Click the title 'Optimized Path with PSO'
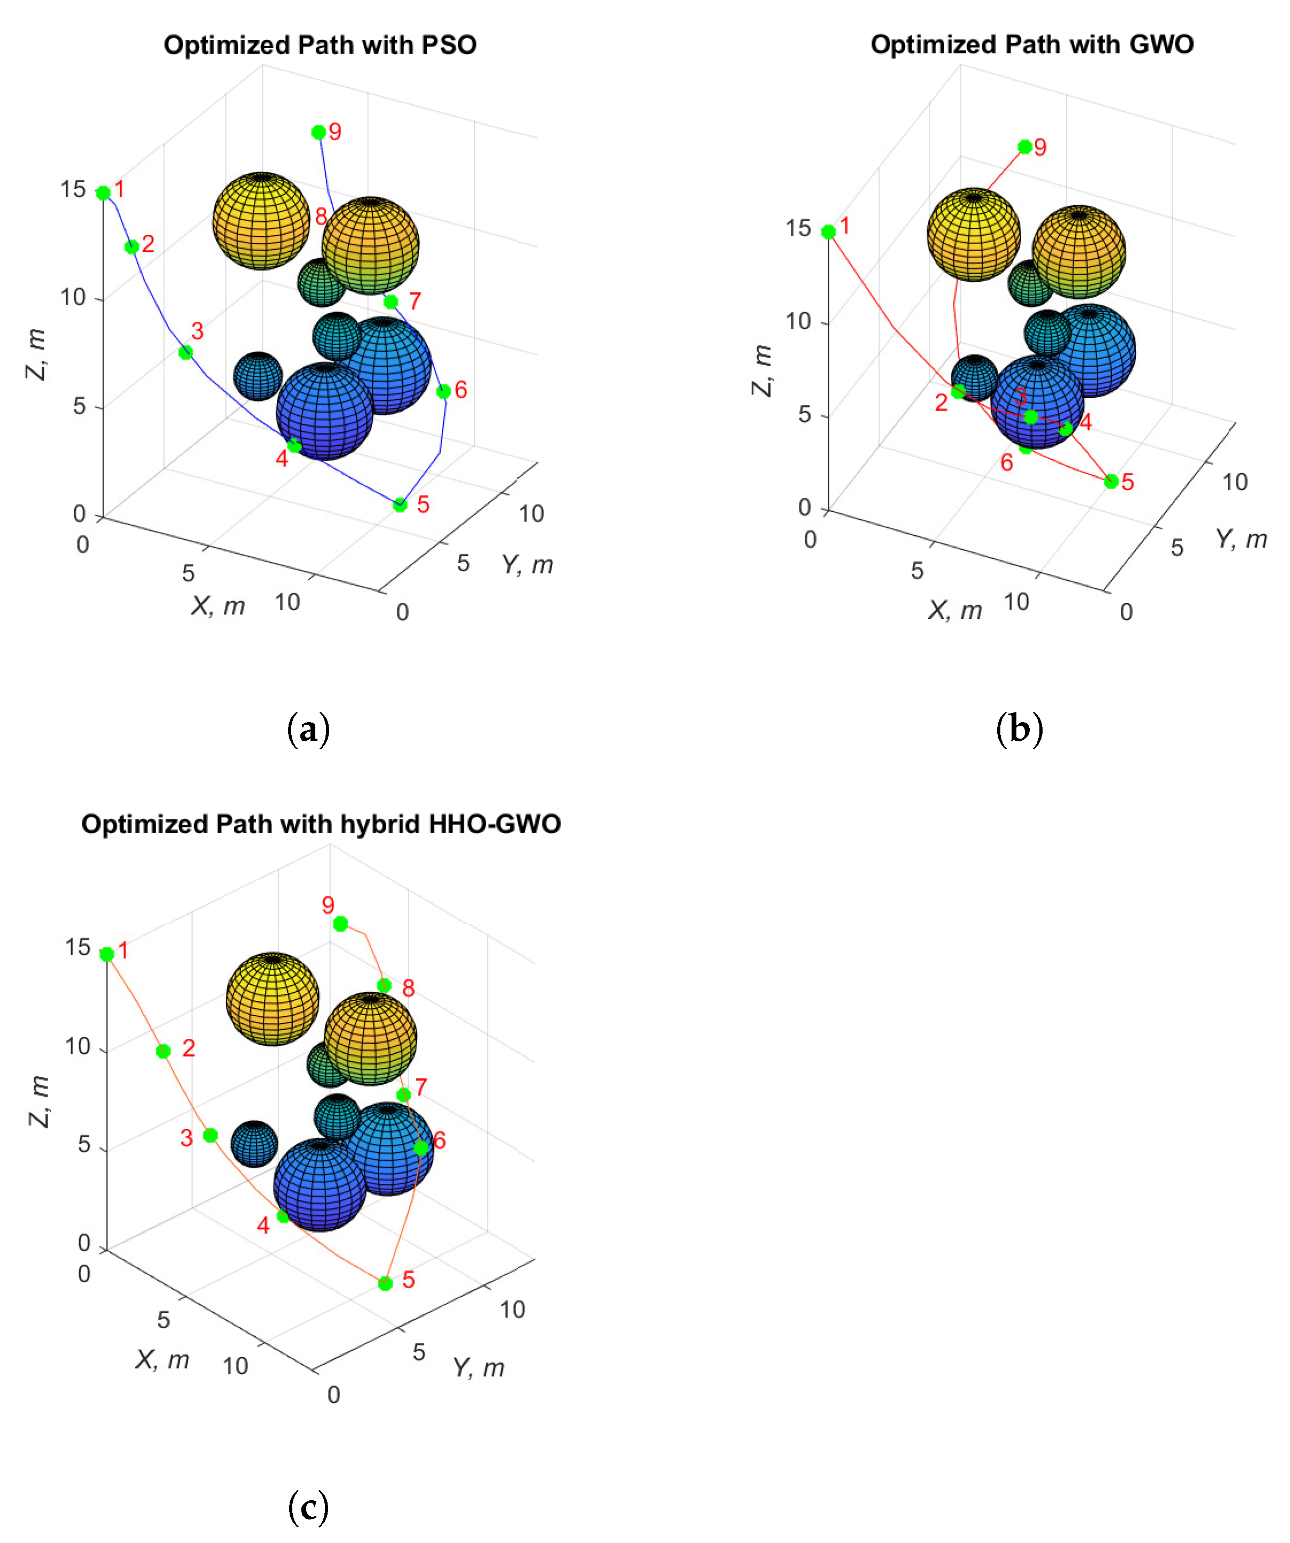[320, 45]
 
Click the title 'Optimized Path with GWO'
[1031, 45]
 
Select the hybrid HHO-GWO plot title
[321, 824]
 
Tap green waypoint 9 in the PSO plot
[318, 132]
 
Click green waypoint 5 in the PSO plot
[400, 505]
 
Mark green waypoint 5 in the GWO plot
[1111, 481]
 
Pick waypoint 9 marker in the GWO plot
[1025, 147]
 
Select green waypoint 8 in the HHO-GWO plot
[384, 986]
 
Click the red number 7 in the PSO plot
[415, 300]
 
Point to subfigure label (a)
[308, 730]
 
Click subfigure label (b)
[1019, 730]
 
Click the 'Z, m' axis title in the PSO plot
[35, 355]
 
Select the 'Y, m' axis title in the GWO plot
[1241, 539]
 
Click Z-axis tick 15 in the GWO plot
[798, 229]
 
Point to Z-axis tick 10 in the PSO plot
[73, 298]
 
